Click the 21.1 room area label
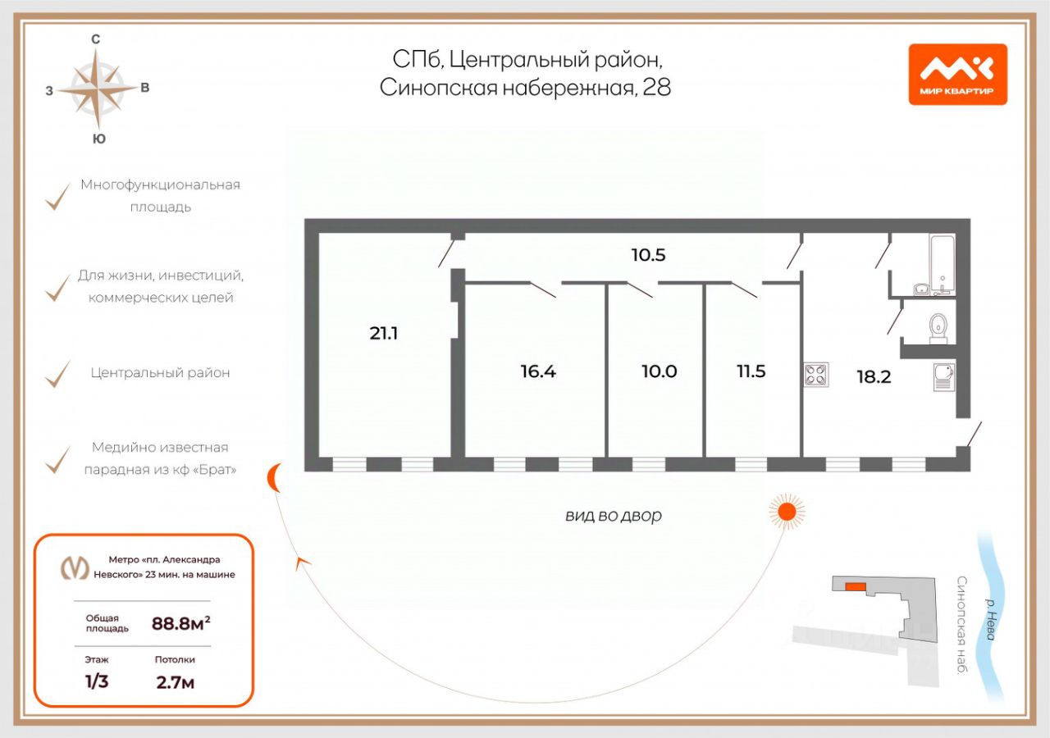(383, 333)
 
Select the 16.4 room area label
(538, 371)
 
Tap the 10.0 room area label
(659, 371)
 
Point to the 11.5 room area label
(751, 371)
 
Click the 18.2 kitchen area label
(874, 377)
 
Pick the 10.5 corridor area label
(647, 255)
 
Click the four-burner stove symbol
(816, 375)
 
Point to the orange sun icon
(787, 512)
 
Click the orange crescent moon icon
(276, 477)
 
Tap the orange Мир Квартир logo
(957, 74)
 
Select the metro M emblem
(76, 567)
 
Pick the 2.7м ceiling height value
(175, 682)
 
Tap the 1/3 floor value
(96, 682)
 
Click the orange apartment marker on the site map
(855, 586)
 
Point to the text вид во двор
(613, 516)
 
